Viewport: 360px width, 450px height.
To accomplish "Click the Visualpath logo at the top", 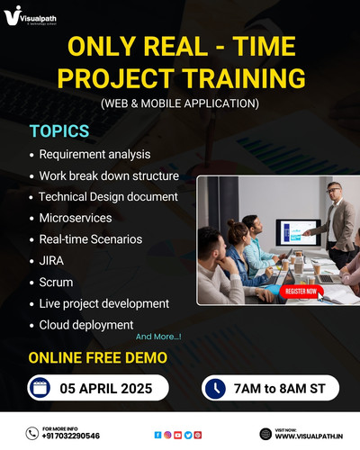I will (35, 19).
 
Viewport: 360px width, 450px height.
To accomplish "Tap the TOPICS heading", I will (59, 131).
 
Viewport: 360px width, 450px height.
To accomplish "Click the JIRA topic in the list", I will (51, 261).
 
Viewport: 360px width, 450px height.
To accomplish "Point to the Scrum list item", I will (57, 283).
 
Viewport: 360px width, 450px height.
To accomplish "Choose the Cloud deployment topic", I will (86, 324).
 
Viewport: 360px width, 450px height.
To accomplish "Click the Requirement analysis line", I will (94, 155).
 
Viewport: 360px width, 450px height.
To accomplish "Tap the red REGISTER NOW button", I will (300, 292).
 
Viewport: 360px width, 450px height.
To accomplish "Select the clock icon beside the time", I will (215, 388).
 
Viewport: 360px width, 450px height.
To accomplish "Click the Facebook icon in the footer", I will (158, 434).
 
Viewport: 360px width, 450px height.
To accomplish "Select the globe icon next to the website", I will (265, 434).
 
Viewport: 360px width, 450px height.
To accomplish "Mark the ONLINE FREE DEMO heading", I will (97, 357).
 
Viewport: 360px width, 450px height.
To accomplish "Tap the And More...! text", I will (158, 337).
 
